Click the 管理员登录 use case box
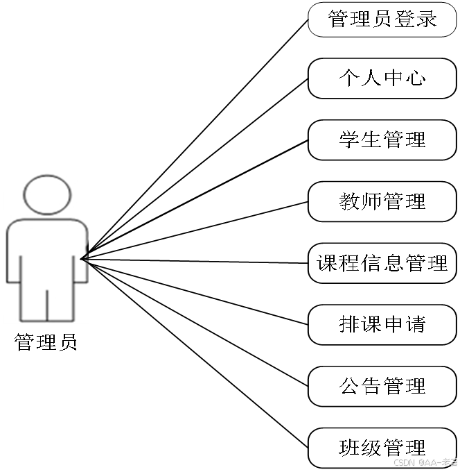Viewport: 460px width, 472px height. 382,19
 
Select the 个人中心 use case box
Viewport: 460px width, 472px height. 382,78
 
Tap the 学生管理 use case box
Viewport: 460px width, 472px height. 382,140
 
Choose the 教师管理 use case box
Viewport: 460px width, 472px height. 382,201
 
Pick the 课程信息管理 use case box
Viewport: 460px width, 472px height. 382,263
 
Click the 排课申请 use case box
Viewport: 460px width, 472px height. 382,324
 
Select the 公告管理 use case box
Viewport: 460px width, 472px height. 382,386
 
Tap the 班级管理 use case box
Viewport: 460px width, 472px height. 382,447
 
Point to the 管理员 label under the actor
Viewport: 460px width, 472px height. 46,342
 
